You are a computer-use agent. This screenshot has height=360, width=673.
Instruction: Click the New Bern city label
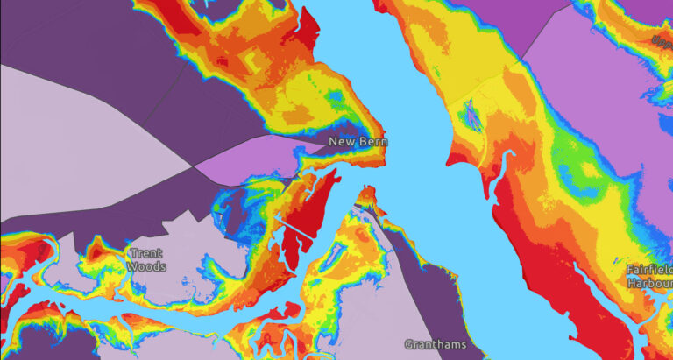[358, 141]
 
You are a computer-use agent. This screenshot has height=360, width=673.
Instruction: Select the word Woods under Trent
[145, 266]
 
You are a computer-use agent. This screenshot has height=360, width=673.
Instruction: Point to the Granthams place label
[436, 344]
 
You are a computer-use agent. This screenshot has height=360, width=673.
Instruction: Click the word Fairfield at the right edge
[650, 271]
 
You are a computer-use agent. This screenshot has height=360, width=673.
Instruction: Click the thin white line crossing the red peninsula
[296, 227]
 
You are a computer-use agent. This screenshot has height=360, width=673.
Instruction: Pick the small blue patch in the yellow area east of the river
[472, 114]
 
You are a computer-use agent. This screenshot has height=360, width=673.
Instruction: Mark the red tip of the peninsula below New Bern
[369, 194]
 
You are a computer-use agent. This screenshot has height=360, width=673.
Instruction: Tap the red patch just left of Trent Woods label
[98, 255]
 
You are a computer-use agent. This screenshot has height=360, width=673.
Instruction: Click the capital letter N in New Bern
[334, 141]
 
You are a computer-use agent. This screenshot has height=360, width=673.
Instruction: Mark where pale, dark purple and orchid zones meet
[194, 166]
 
